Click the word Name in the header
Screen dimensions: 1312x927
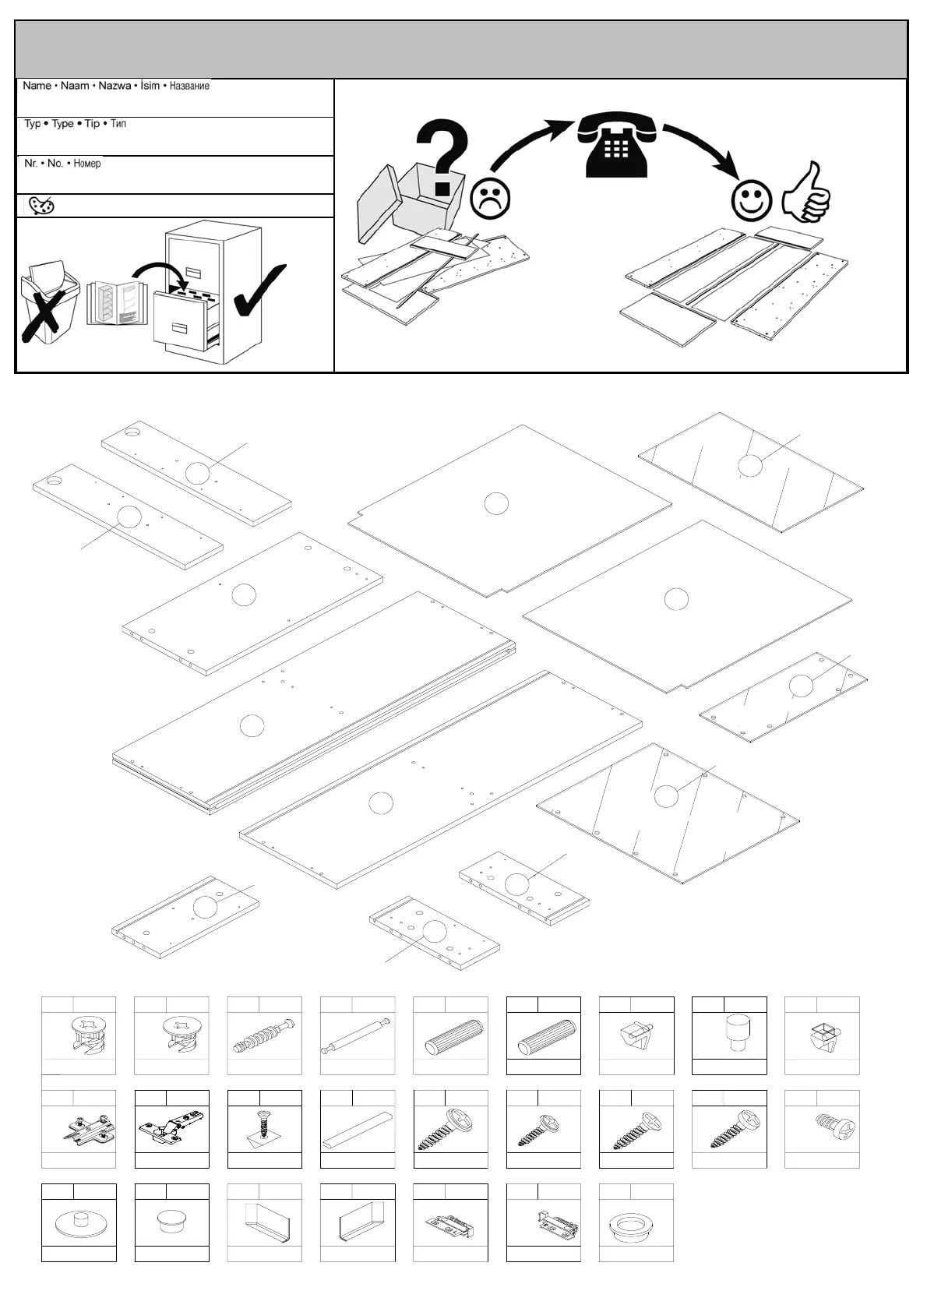tap(37, 86)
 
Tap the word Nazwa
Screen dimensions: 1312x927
tap(115, 86)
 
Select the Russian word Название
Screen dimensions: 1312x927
tap(189, 86)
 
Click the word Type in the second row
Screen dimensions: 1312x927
tap(62, 124)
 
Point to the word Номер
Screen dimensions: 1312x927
tap(86, 164)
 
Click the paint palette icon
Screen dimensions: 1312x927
tap(41, 206)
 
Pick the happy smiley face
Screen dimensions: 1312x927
tap(751, 200)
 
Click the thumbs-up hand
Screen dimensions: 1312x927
tap(808, 192)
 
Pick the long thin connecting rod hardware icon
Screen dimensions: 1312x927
tap(357, 1035)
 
